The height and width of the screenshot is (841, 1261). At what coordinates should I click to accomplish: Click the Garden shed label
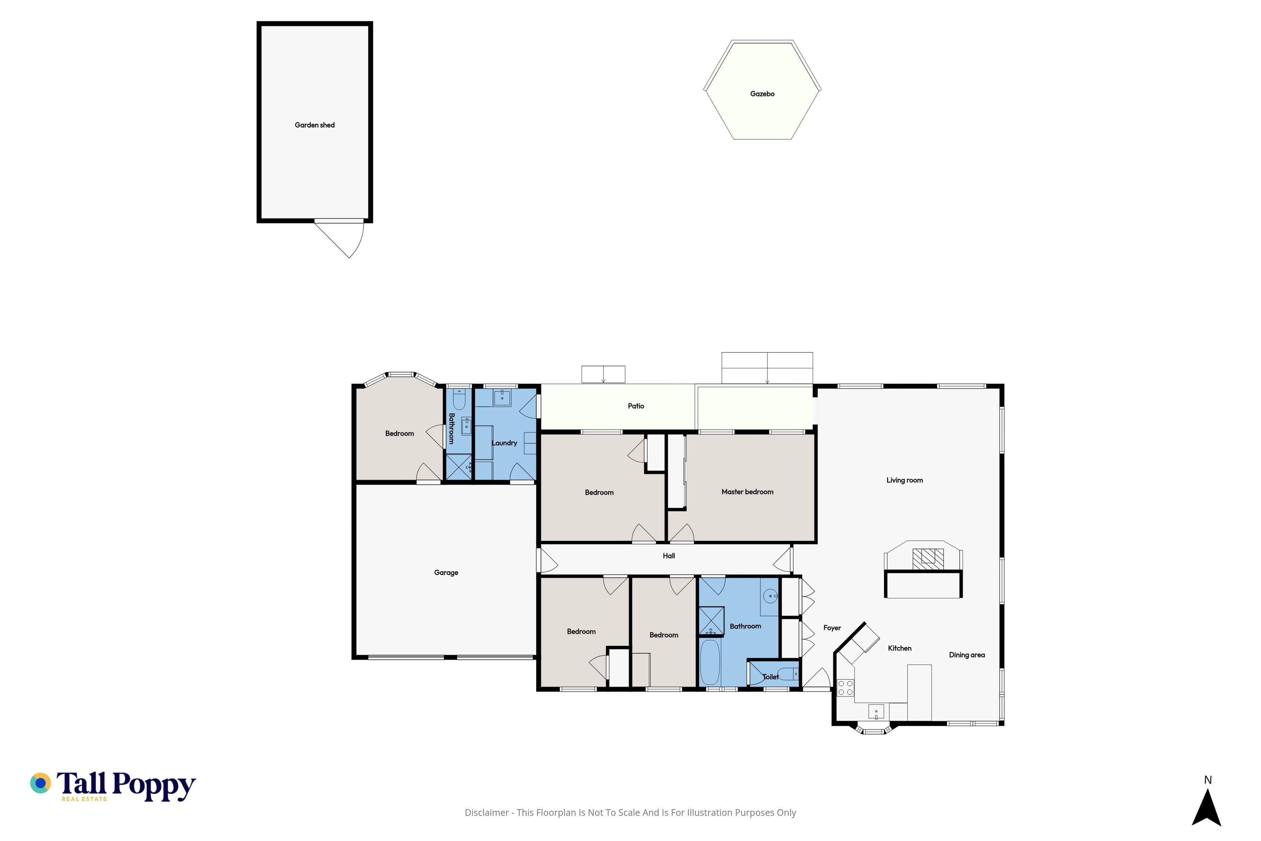(x=315, y=125)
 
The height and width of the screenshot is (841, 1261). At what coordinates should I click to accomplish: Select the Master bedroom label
(x=747, y=492)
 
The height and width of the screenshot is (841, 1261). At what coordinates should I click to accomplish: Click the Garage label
(x=446, y=573)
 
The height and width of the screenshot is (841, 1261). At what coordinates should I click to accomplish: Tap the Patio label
(x=636, y=406)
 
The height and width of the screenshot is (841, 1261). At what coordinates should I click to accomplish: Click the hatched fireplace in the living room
(x=928, y=559)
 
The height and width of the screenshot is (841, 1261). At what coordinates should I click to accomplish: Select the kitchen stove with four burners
(x=846, y=688)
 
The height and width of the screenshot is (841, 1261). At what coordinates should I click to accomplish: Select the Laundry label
(x=504, y=443)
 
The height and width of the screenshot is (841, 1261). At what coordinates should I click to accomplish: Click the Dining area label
(x=967, y=655)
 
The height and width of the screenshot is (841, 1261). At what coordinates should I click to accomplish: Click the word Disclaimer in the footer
(x=486, y=812)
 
